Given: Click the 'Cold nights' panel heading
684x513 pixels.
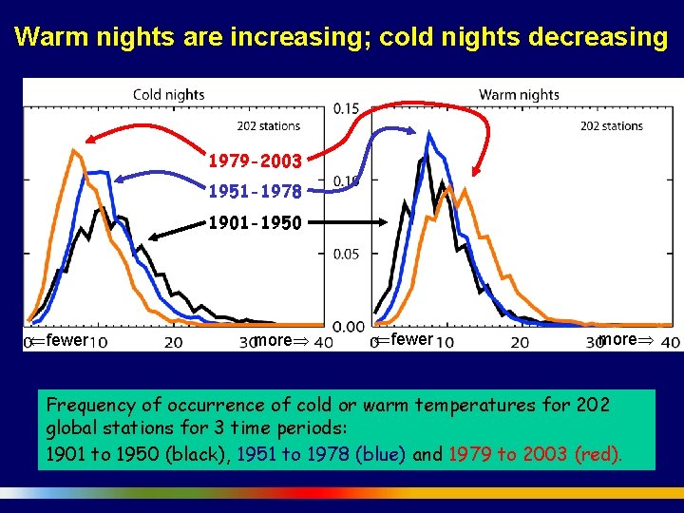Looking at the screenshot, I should click(x=168, y=94).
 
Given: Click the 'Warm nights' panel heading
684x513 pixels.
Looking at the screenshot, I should click(x=519, y=94).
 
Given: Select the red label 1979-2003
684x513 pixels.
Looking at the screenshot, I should click(x=256, y=161).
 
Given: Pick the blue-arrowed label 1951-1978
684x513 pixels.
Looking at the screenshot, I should click(x=256, y=192).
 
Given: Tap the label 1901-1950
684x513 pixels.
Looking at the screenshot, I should click(x=256, y=224).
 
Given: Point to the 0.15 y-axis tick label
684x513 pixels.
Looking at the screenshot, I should click(x=347, y=109).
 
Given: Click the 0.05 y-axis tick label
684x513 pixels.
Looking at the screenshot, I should click(x=347, y=254).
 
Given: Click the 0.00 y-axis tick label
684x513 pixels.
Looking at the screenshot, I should click(x=347, y=326).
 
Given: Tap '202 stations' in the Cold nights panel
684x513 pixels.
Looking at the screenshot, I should click(x=268, y=125).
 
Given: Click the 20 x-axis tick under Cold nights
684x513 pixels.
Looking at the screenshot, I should click(x=174, y=341).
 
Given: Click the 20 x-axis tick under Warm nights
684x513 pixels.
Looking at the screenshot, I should click(x=520, y=341).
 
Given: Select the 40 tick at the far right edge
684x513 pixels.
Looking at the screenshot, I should click(x=670, y=341).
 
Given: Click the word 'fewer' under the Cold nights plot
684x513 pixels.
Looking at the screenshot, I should click(x=66, y=340).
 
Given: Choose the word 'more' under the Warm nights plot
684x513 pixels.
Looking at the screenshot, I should click(x=618, y=340).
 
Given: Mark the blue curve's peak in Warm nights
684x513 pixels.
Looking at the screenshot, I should click(x=430, y=134).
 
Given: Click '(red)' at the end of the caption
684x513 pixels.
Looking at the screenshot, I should click(x=598, y=454).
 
